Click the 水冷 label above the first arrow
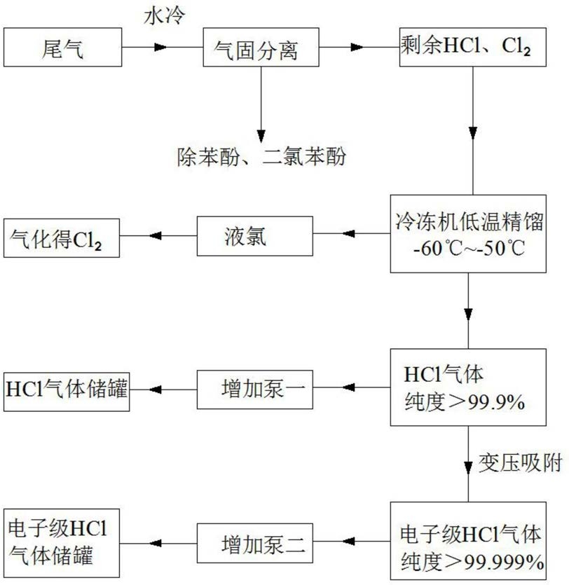click(164, 16)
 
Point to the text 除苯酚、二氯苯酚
click(261, 156)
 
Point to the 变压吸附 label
click(520, 463)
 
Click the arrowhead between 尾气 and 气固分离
click(160, 47)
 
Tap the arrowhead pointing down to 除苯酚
click(261, 136)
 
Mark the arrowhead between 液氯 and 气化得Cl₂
click(156, 236)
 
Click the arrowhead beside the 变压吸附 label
click(468, 468)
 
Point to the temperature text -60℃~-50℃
click(469, 249)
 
